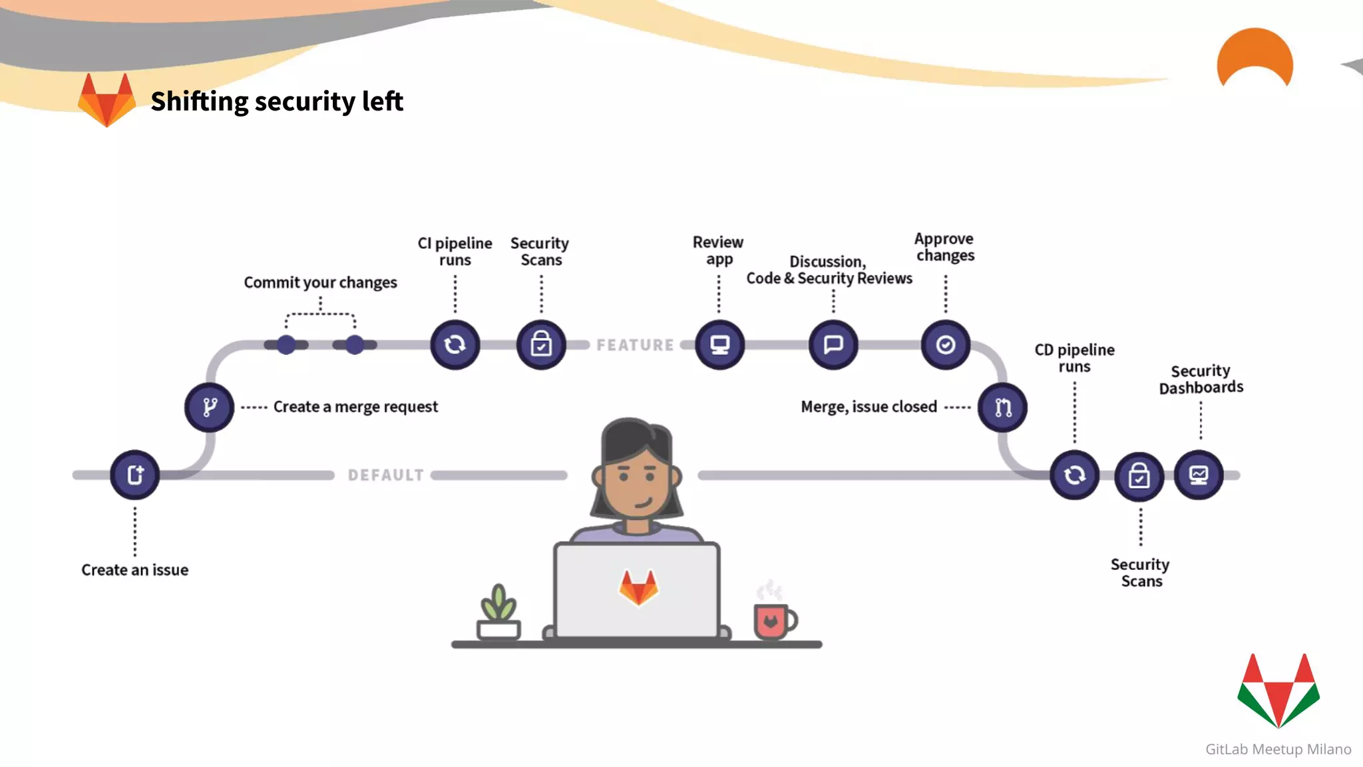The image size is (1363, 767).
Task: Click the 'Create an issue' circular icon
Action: (x=135, y=475)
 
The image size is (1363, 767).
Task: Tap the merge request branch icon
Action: (x=210, y=407)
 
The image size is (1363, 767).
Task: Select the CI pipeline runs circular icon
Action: (x=455, y=344)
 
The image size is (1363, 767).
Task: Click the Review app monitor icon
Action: (x=719, y=344)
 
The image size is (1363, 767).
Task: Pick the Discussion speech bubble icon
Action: (x=833, y=344)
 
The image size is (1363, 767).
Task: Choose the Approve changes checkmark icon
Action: (x=946, y=344)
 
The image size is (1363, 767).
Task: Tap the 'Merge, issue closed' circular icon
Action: (x=1002, y=407)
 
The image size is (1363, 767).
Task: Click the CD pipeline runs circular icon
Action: (x=1074, y=475)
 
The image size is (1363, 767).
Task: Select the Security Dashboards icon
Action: (x=1199, y=475)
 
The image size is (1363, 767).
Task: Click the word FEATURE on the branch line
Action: (x=635, y=345)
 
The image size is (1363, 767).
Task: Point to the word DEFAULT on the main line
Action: (x=386, y=475)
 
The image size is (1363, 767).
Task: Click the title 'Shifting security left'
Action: (x=277, y=101)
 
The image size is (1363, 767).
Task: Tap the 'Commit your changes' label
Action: (x=320, y=282)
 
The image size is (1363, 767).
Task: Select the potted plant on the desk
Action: (x=498, y=613)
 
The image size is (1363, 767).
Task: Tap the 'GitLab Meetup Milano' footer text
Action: (x=1278, y=749)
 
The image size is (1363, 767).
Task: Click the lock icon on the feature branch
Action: (x=541, y=344)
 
